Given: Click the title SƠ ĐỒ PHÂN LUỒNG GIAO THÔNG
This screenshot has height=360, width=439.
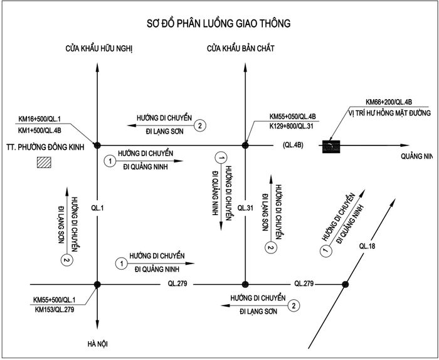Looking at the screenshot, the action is pos(219,23).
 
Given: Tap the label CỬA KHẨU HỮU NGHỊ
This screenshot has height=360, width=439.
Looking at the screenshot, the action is pos(99,49).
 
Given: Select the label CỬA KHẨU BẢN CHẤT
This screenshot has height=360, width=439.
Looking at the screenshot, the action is pos(241,48).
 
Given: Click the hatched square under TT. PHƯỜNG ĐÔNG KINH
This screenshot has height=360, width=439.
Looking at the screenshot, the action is pos(45,162).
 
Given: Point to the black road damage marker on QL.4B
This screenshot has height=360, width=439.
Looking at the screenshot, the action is pos(331,146).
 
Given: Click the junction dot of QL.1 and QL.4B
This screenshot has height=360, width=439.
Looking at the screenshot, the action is pos(97,146).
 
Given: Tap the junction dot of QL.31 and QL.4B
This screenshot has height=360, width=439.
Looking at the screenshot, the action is pos(245,146).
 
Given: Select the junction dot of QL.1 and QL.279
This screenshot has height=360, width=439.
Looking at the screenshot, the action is pos(97,285).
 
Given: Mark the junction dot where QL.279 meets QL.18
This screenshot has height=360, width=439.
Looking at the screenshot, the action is pos(345,285).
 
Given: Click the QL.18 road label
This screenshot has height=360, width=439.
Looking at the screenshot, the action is pos(367,246).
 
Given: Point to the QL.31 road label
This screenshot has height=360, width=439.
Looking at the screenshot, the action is pos(245,208).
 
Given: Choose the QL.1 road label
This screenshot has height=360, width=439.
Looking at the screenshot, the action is pos(97,208).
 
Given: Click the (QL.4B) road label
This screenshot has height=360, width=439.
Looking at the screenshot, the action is pos(293,146).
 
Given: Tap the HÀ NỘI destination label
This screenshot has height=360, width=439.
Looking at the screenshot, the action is pos(97,344).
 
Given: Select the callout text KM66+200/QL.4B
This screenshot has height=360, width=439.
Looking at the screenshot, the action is pos(389,102).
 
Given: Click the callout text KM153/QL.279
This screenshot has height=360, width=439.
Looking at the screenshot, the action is pos(55,310).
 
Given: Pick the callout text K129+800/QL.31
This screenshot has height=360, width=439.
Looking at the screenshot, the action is pos(292,126).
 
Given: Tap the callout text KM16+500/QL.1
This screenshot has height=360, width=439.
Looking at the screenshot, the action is pos(40,119).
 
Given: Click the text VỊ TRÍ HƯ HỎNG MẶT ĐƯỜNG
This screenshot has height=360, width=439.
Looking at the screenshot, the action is pos(389,113).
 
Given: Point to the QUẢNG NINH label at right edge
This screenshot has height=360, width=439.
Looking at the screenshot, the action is pos(416,156).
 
